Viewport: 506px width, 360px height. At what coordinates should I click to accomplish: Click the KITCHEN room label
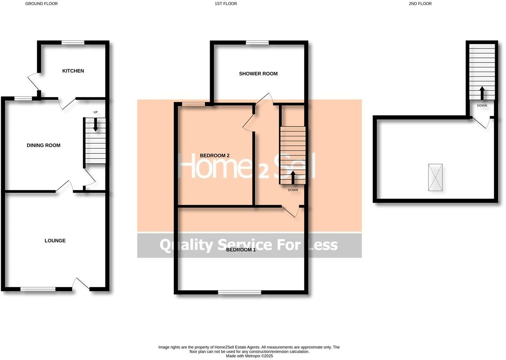pyautogui.click(x=73, y=71)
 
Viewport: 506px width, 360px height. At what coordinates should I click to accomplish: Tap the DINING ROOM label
pyautogui.click(x=44, y=145)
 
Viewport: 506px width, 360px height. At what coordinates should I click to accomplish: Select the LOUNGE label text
pyautogui.click(x=55, y=241)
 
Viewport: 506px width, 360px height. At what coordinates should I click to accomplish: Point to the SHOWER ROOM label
pyautogui.click(x=258, y=74)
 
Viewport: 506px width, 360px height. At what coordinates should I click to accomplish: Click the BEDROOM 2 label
pyautogui.click(x=214, y=156)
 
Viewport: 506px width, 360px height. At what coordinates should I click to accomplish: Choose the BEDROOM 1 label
pyautogui.click(x=241, y=250)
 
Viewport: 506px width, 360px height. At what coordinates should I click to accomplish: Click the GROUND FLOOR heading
pyautogui.click(x=41, y=4)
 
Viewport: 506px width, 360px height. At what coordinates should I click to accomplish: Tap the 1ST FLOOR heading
pyautogui.click(x=225, y=4)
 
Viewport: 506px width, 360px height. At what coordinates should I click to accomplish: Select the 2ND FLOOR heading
pyautogui.click(x=420, y=4)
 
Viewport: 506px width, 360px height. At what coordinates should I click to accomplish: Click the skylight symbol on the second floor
pyautogui.click(x=435, y=177)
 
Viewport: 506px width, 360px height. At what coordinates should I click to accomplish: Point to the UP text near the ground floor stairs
pyautogui.click(x=95, y=112)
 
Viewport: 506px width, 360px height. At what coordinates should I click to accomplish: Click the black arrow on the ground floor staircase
pyautogui.click(x=95, y=125)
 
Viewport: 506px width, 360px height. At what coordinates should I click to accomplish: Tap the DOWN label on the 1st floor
pyautogui.click(x=293, y=190)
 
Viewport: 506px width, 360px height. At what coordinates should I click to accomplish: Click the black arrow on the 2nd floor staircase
pyautogui.click(x=481, y=93)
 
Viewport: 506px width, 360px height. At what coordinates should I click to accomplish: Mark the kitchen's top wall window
pyautogui.click(x=73, y=42)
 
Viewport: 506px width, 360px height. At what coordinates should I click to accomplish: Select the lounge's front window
pyautogui.click(x=38, y=289)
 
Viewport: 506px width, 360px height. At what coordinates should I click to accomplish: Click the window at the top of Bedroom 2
pyautogui.click(x=193, y=104)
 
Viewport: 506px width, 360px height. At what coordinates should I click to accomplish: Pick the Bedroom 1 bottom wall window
pyautogui.click(x=239, y=292)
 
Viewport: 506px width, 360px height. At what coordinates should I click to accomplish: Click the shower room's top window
pyautogui.click(x=257, y=42)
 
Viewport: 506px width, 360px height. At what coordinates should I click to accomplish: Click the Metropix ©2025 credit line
pyautogui.click(x=249, y=356)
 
